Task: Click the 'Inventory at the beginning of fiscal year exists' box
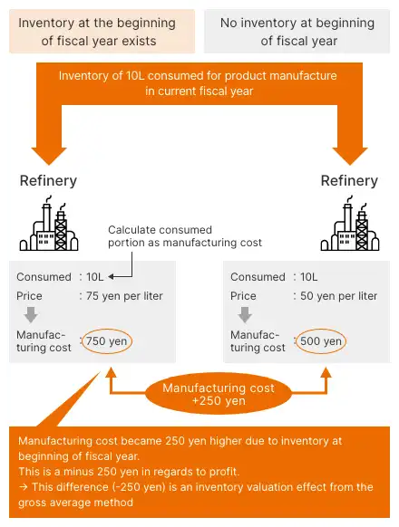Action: (x=102, y=32)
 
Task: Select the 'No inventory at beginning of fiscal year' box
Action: (x=297, y=32)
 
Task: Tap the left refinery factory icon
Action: (x=49, y=223)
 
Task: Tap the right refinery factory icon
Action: (x=350, y=223)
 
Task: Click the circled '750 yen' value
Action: (x=107, y=341)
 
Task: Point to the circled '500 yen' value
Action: (x=321, y=341)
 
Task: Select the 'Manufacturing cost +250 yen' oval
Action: (x=219, y=394)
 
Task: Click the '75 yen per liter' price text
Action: (x=124, y=296)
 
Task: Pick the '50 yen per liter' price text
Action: (x=339, y=296)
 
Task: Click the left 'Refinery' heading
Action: (x=48, y=181)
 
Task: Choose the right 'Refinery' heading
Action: (x=349, y=181)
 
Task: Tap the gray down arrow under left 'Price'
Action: (x=31, y=314)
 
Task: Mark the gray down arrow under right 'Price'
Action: (x=245, y=314)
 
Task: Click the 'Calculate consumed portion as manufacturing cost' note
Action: (x=185, y=236)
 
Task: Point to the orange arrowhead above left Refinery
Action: (x=49, y=156)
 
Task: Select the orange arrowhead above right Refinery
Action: (x=350, y=156)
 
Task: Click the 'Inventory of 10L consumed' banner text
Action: (x=199, y=83)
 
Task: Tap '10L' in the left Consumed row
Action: (x=95, y=277)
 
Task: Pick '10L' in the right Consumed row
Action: (x=308, y=277)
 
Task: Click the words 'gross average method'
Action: (x=76, y=503)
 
